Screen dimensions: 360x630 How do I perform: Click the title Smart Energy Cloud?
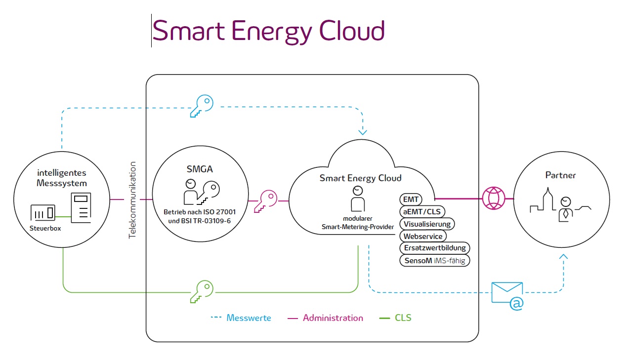pos(268,31)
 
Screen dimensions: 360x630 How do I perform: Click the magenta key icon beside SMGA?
pos(265,201)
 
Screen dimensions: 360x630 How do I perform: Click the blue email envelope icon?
pos(507,295)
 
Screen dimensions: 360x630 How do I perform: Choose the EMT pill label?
pos(411,200)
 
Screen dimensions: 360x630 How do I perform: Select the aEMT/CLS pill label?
pos(422,212)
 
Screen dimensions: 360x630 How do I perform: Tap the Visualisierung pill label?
pos(427,224)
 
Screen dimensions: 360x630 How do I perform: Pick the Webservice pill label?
pos(422,236)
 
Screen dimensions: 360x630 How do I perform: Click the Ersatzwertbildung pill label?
pos(434,248)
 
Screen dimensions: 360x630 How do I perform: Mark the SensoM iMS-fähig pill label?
pos(434,260)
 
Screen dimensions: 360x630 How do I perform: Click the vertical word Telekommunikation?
pos(132,200)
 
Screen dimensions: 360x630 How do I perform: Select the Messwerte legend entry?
pos(249,318)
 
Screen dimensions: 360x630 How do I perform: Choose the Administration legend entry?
pos(333,318)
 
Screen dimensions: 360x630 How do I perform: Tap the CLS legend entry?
pos(403,318)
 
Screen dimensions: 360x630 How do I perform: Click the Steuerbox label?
pos(45,228)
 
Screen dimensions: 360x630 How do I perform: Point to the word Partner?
pos(560,175)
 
